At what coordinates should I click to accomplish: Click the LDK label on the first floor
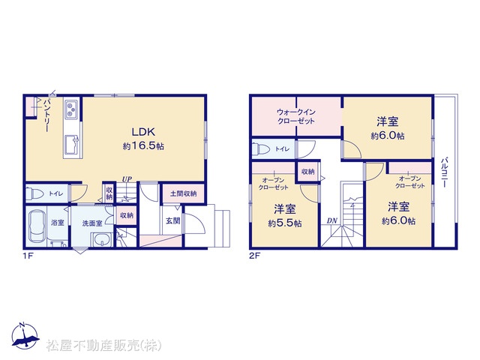pos(143,132)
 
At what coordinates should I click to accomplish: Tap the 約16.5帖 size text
pos(143,146)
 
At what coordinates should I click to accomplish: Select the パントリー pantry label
pos(46,115)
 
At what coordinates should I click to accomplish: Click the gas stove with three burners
pos(72,109)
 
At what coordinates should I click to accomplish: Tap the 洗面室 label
pos(91,223)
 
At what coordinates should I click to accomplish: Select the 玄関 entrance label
pos(173,220)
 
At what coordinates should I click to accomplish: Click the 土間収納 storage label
pos(183,193)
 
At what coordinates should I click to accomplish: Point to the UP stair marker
pos(127,178)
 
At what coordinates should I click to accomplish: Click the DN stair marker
pos(331,220)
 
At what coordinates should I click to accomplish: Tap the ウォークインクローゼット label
pos(295,116)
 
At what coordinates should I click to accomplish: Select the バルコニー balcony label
pos(445,172)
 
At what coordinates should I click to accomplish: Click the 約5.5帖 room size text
pos(285,223)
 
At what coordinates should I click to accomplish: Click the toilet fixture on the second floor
pos(261,149)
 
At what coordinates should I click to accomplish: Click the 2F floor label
pos(254,256)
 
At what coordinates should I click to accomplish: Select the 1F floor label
pos(28,256)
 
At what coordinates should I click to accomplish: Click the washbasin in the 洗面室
pos(102,239)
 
